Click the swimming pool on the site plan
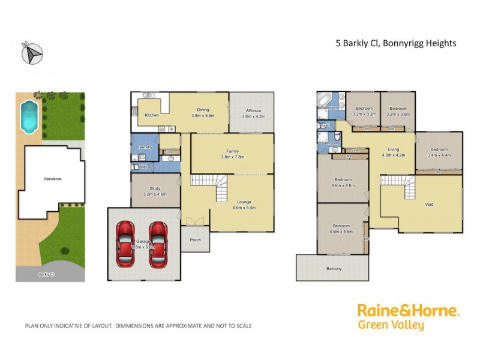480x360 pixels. (x=28, y=117)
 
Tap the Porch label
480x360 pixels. (x=196, y=240)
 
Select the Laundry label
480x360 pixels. (x=145, y=147)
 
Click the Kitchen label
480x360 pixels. (x=152, y=115)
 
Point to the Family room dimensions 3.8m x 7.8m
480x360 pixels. (x=232, y=158)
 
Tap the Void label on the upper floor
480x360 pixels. (x=429, y=204)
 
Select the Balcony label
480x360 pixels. (x=334, y=268)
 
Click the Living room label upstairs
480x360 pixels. (x=394, y=149)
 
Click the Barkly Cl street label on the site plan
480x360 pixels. (x=46, y=274)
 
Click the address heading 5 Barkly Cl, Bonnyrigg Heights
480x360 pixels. (x=395, y=43)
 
